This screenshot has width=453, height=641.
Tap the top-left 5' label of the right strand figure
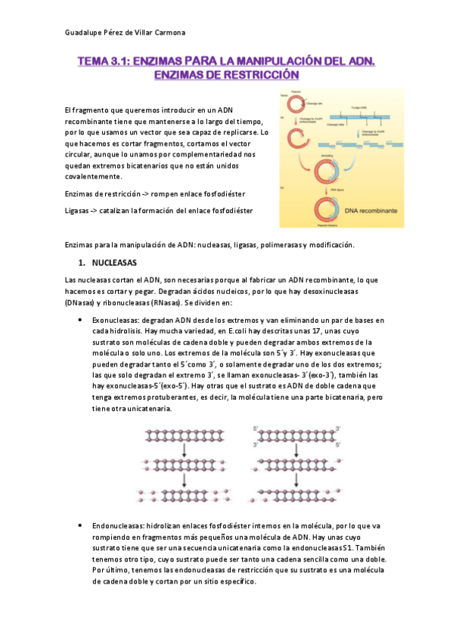coord(256,429)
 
